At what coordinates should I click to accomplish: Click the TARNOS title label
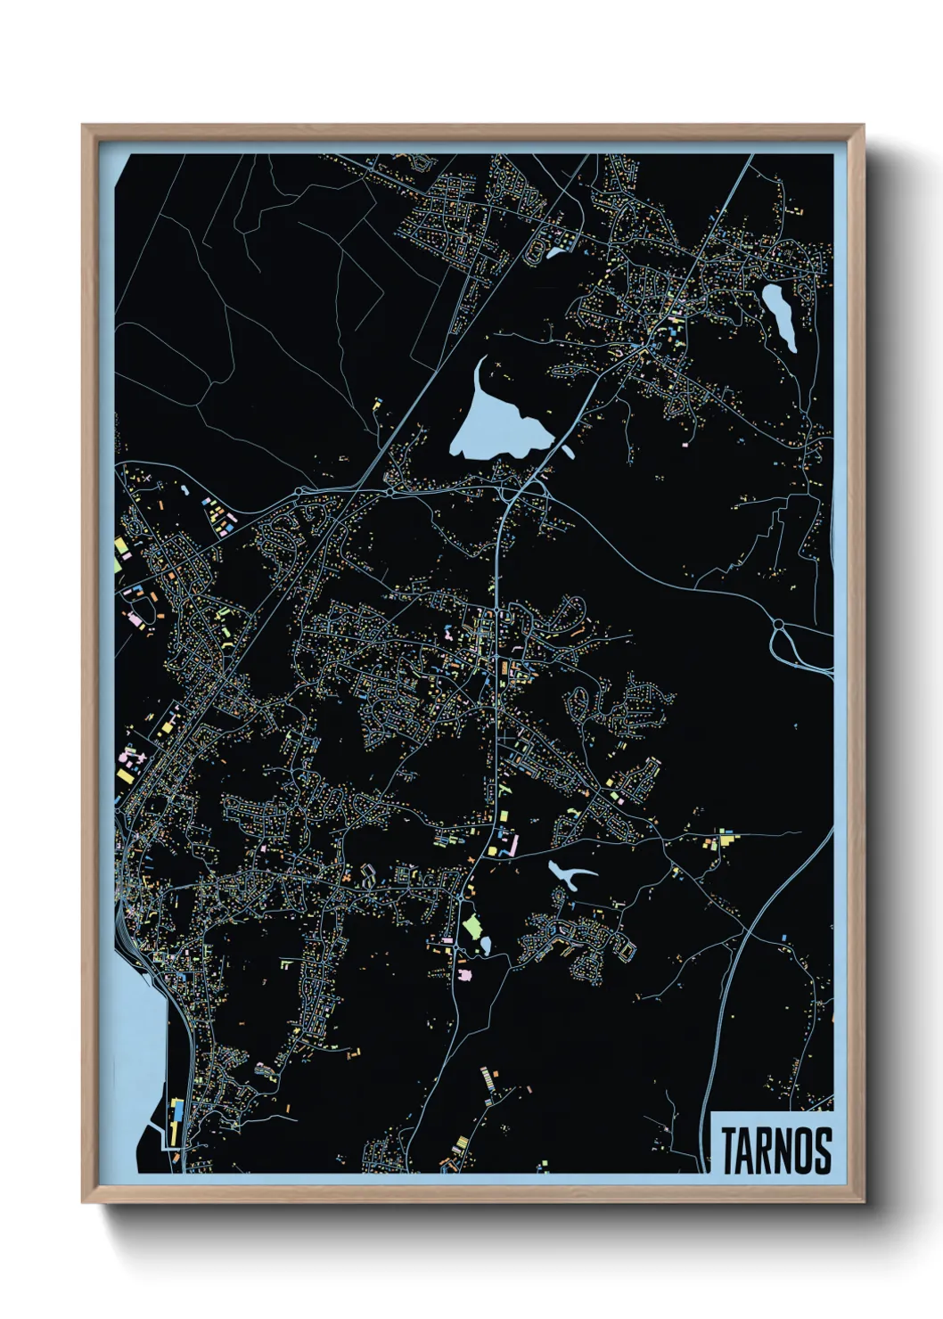click(x=775, y=1150)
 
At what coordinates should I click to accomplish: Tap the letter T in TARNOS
click(x=729, y=1151)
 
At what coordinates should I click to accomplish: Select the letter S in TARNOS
click(x=822, y=1151)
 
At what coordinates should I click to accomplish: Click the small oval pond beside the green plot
click(x=486, y=942)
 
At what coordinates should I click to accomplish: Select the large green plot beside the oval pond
click(x=471, y=927)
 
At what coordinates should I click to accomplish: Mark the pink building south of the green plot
click(x=463, y=975)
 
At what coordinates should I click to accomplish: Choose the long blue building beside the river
click(x=176, y=1119)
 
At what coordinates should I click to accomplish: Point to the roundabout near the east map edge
click(x=778, y=625)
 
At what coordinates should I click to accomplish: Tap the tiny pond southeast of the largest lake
click(x=568, y=450)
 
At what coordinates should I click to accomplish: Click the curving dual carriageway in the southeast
click(x=749, y=936)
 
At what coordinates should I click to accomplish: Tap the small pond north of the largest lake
click(x=554, y=252)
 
